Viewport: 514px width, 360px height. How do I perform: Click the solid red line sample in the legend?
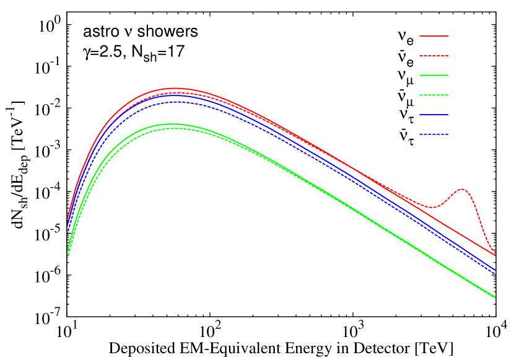click(x=433, y=36)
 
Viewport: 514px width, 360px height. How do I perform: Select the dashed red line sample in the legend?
click(x=433, y=56)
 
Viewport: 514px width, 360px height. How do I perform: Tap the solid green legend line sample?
click(x=433, y=75)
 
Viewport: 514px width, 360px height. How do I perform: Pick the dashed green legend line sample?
click(x=433, y=95)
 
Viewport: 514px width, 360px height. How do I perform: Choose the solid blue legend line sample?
click(x=433, y=115)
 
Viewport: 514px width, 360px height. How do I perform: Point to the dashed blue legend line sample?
click(x=433, y=134)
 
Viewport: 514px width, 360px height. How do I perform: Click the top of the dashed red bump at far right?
click(x=462, y=189)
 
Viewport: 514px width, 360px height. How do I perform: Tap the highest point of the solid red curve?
click(x=175, y=88)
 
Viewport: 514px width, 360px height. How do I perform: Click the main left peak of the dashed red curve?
click(x=176, y=92)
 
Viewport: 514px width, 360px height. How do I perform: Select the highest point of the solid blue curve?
click(x=176, y=95)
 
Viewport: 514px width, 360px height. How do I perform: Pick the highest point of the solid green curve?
click(x=176, y=124)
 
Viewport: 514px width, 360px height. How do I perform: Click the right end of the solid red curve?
click(x=495, y=253)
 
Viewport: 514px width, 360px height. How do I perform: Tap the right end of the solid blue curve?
click(x=495, y=270)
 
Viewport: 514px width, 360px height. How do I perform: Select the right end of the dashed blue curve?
click(x=495, y=274)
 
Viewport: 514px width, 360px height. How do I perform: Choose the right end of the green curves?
click(x=495, y=297)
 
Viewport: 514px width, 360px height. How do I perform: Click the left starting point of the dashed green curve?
click(x=68, y=258)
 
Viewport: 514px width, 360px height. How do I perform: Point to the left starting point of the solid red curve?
click(x=68, y=217)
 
